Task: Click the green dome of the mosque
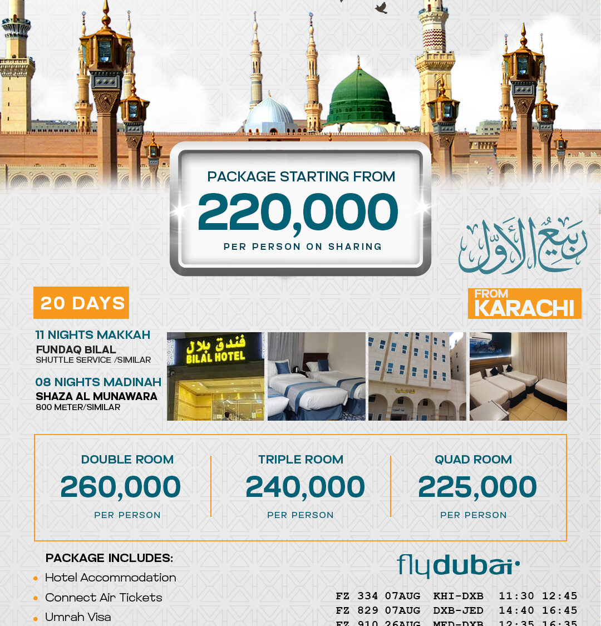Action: pyautogui.click(x=360, y=100)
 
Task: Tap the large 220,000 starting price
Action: pyautogui.click(x=298, y=213)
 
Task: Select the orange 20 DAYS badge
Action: pyautogui.click(x=82, y=303)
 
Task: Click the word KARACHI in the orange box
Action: pyautogui.click(x=524, y=308)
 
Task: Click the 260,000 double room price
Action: pyautogui.click(x=121, y=487)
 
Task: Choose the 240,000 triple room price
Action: pyautogui.click(x=305, y=487)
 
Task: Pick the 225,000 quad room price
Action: pyautogui.click(x=477, y=487)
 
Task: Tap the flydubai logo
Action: pyautogui.click(x=458, y=566)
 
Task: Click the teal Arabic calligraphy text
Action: pyautogui.click(x=522, y=245)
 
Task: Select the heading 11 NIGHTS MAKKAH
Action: pyautogui.click(x=93, y=335)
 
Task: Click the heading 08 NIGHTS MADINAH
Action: pyautogui.click(x=98, y=382)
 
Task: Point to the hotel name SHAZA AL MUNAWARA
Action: pyautogui.click(x=97, y=396)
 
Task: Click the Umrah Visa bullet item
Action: pyautogui.click(x=78, y=617)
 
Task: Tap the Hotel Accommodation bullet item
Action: pyautogui.click(x=110, y=578)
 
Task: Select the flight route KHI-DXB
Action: pyautogui.click(x=458, y=596)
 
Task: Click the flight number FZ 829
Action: pyautogui.click(x=357, y=610)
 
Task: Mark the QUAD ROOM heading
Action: pyautogui.click(x=473, y=460)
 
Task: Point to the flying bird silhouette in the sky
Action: pyautogui.click(x=381, y=8)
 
